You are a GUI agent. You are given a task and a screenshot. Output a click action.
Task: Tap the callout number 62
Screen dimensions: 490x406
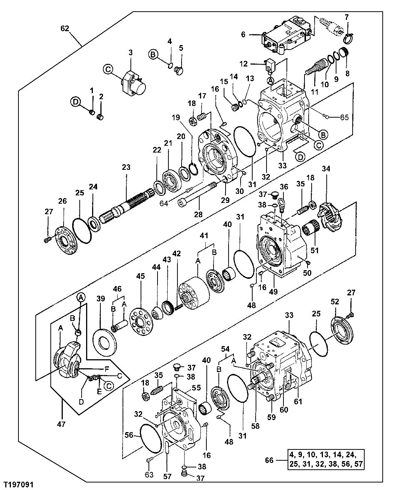[66, 29]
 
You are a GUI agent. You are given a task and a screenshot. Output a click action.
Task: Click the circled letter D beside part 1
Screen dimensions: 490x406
[75, 101]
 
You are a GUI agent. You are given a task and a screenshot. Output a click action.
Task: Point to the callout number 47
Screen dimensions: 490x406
[61, 424]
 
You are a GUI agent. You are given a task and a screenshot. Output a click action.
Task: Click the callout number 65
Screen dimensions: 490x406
[344, 117]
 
